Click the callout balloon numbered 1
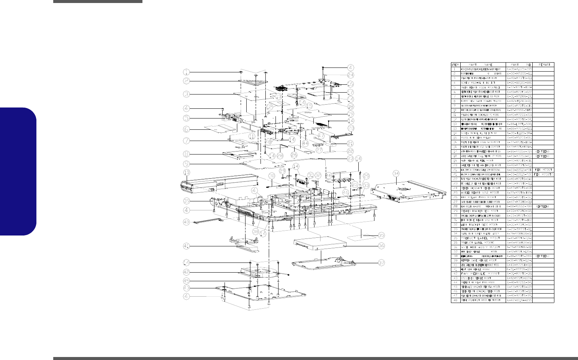(186, 72)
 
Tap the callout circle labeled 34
(396, 173)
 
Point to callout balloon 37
(381, 263)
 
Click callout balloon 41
(186, 246)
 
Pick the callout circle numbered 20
(350, 128)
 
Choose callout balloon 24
(350, 75)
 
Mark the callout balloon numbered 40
(186, 222)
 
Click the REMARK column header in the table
(543, 64)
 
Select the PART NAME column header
(482, 64)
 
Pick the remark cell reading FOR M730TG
(543, 174)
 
